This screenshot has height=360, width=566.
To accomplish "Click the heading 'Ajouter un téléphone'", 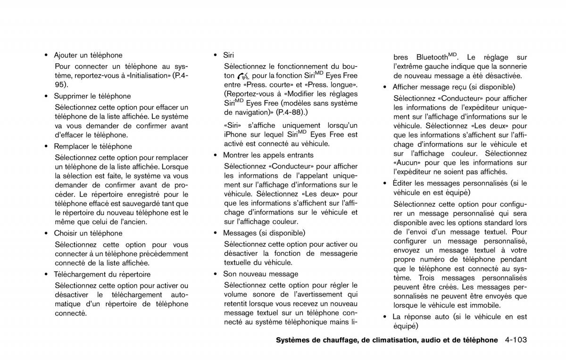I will (x=88, y=55).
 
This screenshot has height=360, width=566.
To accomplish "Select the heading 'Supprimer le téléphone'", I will (x=92, y=96).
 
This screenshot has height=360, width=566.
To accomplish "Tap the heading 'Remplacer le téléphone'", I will (x=93, y=146).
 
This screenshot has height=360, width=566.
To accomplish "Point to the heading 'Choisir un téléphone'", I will (x=88, y=233).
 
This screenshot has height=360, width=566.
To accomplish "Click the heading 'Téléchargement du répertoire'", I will (x=102, y=274).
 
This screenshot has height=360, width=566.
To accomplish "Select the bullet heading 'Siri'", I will (x=228, y=55).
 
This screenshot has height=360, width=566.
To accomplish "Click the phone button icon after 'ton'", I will (x=243, y=76).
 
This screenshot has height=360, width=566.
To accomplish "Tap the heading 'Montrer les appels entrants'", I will (x=268, y=155).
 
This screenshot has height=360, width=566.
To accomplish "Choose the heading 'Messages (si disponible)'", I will (x=264, y=233).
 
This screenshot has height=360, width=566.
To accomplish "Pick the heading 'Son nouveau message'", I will (x=260, y=274).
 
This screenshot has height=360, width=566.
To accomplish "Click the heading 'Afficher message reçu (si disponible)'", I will (x=454, y=87).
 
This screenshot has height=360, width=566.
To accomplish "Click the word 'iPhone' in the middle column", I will (x=235, y=135).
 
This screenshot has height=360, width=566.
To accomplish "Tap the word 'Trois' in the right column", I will (x=427, y=278).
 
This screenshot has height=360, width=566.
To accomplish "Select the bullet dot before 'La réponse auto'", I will (x=385, y=317).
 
